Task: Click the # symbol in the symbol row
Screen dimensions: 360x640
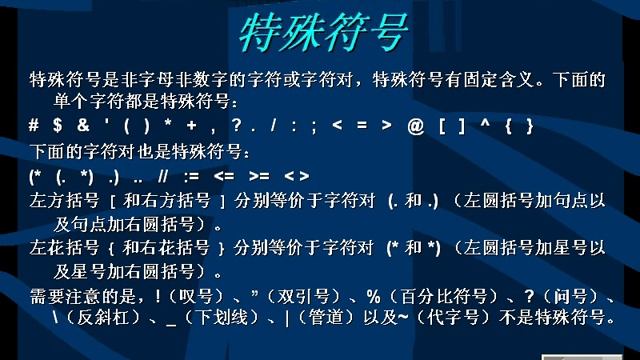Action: point(34,127)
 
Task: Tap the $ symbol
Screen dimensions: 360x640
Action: point(57,127)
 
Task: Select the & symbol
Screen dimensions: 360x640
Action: point(82,127)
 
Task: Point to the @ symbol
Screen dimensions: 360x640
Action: point(411,127)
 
